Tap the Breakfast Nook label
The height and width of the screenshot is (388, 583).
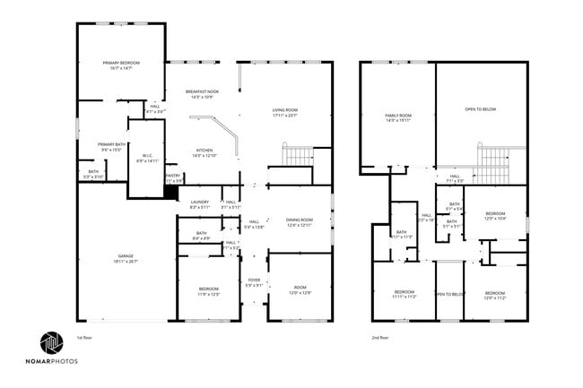click(203, 93)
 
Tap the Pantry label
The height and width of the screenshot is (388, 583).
click(174, 177)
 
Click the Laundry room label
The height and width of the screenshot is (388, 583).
click(199, 204)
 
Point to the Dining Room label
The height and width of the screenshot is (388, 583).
click(300, 221)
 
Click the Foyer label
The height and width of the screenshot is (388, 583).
click(254, 283)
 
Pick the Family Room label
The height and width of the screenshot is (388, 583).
click(397, 117)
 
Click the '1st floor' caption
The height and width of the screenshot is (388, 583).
click(85, 337)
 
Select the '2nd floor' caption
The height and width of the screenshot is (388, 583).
click(380, 337)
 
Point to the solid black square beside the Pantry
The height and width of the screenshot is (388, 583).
click(170, 189)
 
